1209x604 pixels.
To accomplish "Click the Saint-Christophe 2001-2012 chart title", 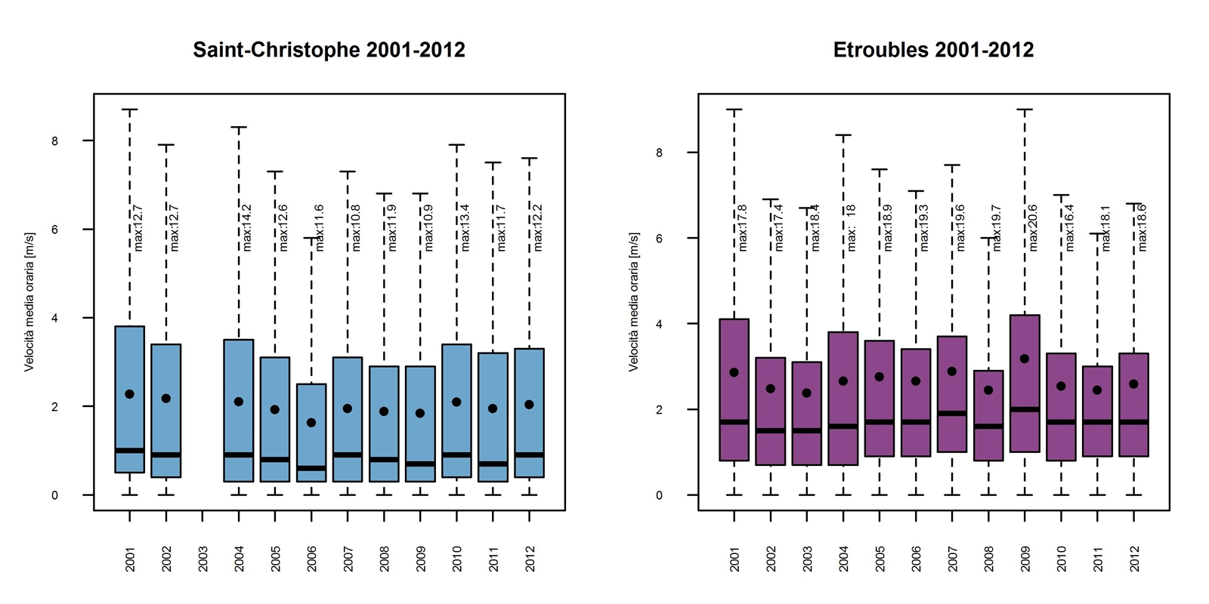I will (329, 50).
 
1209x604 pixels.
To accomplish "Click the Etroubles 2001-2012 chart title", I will (933, 50).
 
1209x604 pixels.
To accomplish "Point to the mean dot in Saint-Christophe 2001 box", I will (130, 394).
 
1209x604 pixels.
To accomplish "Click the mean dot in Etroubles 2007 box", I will (952, 371).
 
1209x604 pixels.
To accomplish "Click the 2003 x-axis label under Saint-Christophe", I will (203, 559).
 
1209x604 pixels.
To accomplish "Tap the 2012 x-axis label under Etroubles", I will (1134, 559).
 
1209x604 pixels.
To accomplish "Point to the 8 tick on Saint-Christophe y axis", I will (54, 141).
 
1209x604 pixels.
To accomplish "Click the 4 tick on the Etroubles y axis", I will (659, 324).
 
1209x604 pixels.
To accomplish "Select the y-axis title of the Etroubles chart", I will (634, 302).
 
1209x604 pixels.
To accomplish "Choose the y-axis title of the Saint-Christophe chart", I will (29, 302).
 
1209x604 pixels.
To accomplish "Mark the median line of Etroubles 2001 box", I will (734, 422).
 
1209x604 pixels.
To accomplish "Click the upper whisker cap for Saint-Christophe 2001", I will (130, 109).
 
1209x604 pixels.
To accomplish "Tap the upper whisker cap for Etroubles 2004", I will (843, 135).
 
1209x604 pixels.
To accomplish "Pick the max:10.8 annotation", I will (356, 227).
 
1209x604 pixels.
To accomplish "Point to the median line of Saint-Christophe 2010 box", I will (457, 455).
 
